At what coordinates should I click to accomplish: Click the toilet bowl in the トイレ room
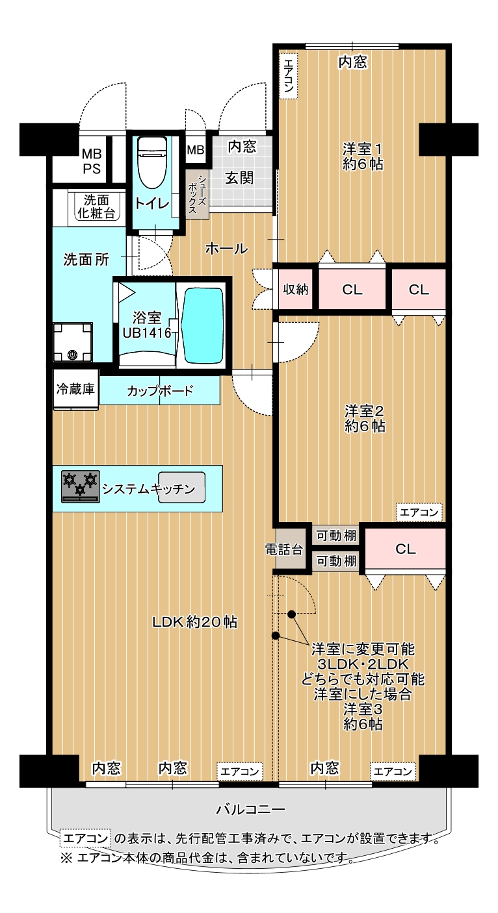152,163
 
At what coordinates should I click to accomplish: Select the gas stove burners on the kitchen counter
81,486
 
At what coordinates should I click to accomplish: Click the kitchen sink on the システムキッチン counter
181,488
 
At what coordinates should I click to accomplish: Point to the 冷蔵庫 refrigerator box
76,389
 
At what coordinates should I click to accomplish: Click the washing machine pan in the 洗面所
73,342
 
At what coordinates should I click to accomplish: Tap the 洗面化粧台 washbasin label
96,206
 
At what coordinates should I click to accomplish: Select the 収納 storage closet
296,289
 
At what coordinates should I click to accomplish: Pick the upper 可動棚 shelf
336,535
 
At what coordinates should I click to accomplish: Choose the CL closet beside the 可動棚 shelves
405,549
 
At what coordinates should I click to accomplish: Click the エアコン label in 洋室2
419,512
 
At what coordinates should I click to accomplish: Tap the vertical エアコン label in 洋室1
289,76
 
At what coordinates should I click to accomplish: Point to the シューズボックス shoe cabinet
197,194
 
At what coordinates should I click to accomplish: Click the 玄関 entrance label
240,178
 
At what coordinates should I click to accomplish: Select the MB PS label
92,161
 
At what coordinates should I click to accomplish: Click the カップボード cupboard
159,390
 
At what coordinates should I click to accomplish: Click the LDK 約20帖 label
194,622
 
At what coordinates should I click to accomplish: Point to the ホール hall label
226,248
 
